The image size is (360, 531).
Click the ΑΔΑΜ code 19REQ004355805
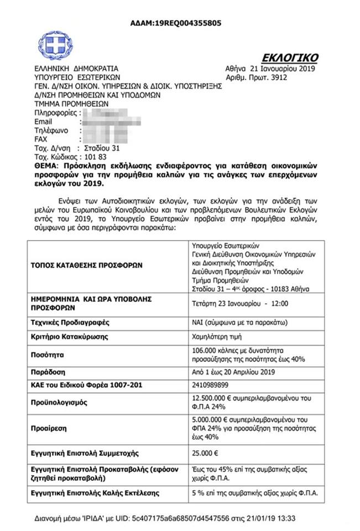tap(189, 23)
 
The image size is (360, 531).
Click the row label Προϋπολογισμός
tap(60, 403)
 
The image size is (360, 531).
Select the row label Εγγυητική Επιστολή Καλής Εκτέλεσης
tap(95, 492)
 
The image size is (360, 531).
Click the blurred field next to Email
tap(111, 122)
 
